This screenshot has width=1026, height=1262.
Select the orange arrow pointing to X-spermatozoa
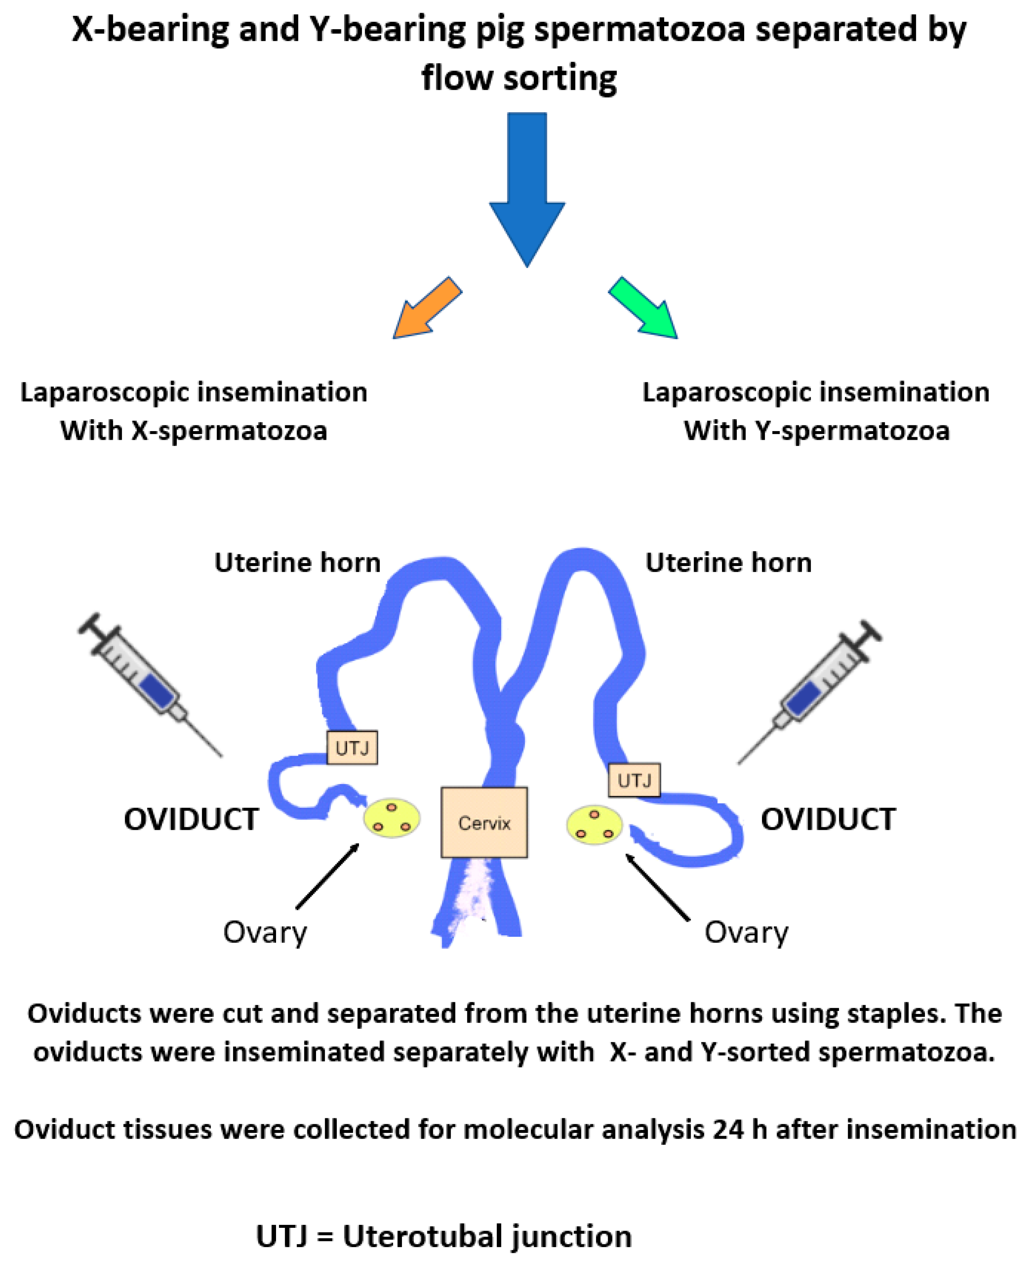[427, 308]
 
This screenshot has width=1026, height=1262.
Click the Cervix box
[484, 822]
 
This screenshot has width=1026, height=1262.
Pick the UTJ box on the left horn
[352, 748]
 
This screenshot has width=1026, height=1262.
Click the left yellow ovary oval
[391, 818]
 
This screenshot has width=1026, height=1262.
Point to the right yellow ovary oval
[594, 825]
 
